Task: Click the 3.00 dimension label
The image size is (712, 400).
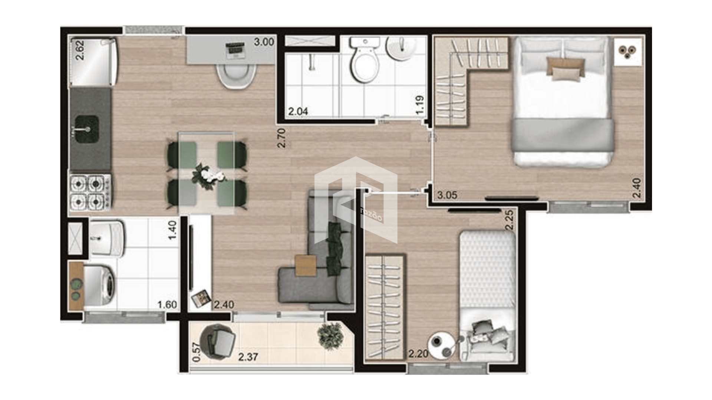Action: [264, 42]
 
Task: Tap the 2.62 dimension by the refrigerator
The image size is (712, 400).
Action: [80, 50]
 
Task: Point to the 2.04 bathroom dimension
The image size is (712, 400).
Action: [298, 111]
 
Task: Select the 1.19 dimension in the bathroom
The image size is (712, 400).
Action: [420, 105]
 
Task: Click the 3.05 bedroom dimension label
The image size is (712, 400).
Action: [447, 195]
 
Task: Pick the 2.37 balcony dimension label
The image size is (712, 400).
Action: [248, 357]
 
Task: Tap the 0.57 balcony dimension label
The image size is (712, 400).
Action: [197, 352]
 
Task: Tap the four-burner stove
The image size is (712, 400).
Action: [90, 192]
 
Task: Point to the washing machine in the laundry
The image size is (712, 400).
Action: [99, 286]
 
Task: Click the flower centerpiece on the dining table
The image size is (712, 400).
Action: [208, 175]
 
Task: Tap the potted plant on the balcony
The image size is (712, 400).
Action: [330, 336]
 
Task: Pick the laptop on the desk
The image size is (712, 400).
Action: [235, 50]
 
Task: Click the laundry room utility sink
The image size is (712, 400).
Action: [107, 239]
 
